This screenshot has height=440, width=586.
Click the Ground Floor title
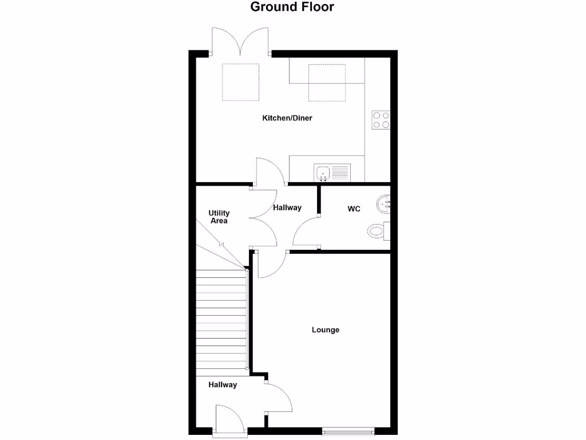(292, 7)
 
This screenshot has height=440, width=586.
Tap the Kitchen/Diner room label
(287, 118)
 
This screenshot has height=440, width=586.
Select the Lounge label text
(326, 329)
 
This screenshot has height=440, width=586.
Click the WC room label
(354, 209)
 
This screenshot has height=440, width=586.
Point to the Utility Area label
(219, 217)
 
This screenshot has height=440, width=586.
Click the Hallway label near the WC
(287, 207)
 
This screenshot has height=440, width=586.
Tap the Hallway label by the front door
(223, 384)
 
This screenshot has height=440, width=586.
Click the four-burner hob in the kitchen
(381, 120)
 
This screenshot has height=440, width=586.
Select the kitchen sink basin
(322, 172)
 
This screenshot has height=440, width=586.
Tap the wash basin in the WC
(384, 203)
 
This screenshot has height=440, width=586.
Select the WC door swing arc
(304, 233)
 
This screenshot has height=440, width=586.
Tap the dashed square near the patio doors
(240, 82)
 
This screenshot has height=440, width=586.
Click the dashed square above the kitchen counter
(327, 82)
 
